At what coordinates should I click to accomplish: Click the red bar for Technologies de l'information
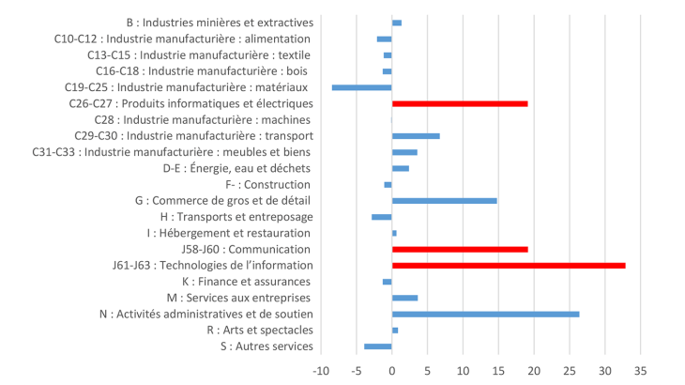coord(508,266)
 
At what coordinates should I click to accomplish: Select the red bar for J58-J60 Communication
coord(460,250)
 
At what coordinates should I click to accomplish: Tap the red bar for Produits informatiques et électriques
coord(460,103)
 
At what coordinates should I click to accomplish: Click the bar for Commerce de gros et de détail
coord(444,201)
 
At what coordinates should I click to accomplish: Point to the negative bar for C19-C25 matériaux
coord(361,87)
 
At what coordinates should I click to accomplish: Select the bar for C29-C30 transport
coord(416,136)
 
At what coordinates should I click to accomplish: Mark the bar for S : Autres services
coord(378,346)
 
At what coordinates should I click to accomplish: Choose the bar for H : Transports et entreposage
coord(382,217)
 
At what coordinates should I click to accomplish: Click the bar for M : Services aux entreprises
coord(404,298)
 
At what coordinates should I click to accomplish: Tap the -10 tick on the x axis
coord(320,371)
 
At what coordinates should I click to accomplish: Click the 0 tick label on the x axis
coord(391,371)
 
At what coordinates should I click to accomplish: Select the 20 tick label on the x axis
coord(534,371)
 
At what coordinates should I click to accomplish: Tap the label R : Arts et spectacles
coord(259,331)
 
